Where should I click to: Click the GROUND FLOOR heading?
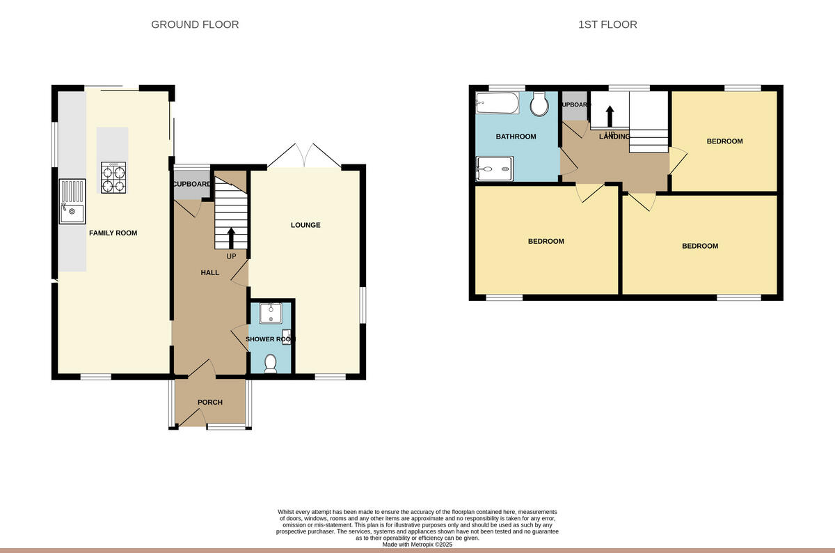pos(195,24)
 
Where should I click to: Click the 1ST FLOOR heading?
pos(607,24)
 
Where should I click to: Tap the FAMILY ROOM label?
pos(113,233)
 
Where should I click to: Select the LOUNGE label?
pos(305,225)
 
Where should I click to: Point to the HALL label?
pos(209,272)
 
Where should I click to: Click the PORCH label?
pos(209,402)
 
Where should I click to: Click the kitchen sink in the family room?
pos(72,202)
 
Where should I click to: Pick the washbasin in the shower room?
pos(270,314)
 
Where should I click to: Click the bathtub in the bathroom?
pos(498,104)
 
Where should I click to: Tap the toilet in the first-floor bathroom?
pos(538,105)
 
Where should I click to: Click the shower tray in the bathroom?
pos(495,168)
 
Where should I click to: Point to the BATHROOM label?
pos(516,137)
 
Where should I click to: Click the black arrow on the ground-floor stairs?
pos(231,237)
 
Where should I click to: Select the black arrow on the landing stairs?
pos(610,116)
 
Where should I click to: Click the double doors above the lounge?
pos(304,156)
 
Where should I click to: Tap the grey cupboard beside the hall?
pos(191,185)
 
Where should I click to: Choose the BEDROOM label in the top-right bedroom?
pos(724,141)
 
